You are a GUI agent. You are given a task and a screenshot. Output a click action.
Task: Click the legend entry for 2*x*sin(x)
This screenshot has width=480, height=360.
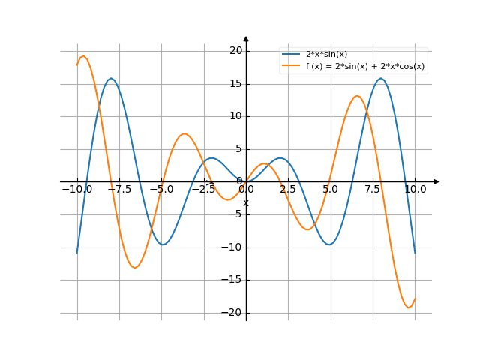(326, 54)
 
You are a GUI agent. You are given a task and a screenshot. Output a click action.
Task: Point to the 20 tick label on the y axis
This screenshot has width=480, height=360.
(236, 51)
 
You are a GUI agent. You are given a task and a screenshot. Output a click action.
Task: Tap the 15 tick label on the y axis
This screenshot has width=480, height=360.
(236, 83)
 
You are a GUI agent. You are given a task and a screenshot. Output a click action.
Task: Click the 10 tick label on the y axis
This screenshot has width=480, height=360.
(236, 116)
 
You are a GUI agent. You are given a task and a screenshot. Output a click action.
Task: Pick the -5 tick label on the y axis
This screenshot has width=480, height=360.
(235, 214)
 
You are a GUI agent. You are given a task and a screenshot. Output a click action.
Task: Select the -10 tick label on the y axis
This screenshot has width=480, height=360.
(232, 247)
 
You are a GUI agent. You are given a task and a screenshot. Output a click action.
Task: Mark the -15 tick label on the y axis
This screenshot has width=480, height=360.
(232, 280)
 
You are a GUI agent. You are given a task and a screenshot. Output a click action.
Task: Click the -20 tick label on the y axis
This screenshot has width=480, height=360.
(232, 313)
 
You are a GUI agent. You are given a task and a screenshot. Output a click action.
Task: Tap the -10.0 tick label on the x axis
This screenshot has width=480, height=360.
(76, 190)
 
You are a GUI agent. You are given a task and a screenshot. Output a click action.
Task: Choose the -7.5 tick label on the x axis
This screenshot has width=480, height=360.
(119, 190)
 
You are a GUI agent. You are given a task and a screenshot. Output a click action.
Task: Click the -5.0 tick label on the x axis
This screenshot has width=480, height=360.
(161, 190)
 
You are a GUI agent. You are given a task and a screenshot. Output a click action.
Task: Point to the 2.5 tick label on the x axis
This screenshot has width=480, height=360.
(288, 190)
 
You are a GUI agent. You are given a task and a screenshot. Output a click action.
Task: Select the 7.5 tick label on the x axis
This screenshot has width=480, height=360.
(373, 190)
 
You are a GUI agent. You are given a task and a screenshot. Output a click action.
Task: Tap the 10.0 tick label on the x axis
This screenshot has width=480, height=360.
(415, 190)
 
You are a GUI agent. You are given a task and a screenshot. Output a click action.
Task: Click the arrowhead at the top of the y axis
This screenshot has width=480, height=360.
(246, 38)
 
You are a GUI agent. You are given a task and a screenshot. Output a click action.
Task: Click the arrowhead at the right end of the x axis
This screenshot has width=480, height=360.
(436, 181)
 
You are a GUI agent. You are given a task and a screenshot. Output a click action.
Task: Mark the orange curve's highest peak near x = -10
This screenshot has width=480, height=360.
(83, 56)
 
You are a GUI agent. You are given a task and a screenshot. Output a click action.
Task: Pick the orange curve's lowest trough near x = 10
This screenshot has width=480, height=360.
(409, 307)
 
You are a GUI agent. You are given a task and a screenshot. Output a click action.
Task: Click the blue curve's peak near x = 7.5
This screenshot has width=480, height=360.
(381, 78)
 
